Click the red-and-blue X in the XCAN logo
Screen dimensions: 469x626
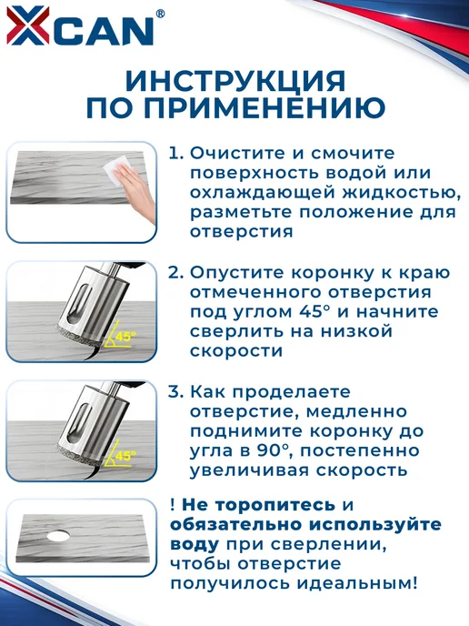28,25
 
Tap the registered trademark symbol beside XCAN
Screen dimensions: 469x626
160,14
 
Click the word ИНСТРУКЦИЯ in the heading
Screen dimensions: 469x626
235,81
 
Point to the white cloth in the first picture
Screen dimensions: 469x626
117,170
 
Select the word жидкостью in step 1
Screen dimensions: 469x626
399,193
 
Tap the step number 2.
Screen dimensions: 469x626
176,273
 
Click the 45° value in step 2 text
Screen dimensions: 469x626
316,312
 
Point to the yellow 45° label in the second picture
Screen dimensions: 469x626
125,337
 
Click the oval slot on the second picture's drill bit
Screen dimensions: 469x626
75,304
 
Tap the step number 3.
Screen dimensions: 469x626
176,391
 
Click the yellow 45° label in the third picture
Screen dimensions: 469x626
125,456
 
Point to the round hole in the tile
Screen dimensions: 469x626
58,536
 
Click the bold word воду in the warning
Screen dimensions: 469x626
195,544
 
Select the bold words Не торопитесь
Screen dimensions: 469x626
259,505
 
